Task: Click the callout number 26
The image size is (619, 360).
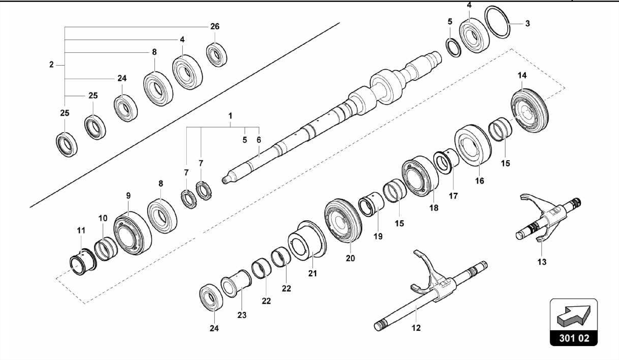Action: tap(215, 27)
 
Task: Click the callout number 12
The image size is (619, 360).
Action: tap(416, 328)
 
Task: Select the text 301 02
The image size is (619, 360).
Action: tap(574, 338)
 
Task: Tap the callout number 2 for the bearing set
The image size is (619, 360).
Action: tap(51, 64)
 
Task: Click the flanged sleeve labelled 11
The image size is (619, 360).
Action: tap(82, 261)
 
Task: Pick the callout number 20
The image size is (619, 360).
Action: tap(350, 258)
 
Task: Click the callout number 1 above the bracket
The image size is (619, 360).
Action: tap(230, 116)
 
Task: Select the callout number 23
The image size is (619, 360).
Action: tap(242, 315)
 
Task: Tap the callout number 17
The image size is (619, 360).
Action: tap(453, 196)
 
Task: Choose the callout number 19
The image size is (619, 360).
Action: tap(378, 236)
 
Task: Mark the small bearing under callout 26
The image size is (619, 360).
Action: tap(216, 55)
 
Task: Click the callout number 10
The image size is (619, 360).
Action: tap(103, 218)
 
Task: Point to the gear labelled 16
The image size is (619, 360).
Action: tap(472, 145)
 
